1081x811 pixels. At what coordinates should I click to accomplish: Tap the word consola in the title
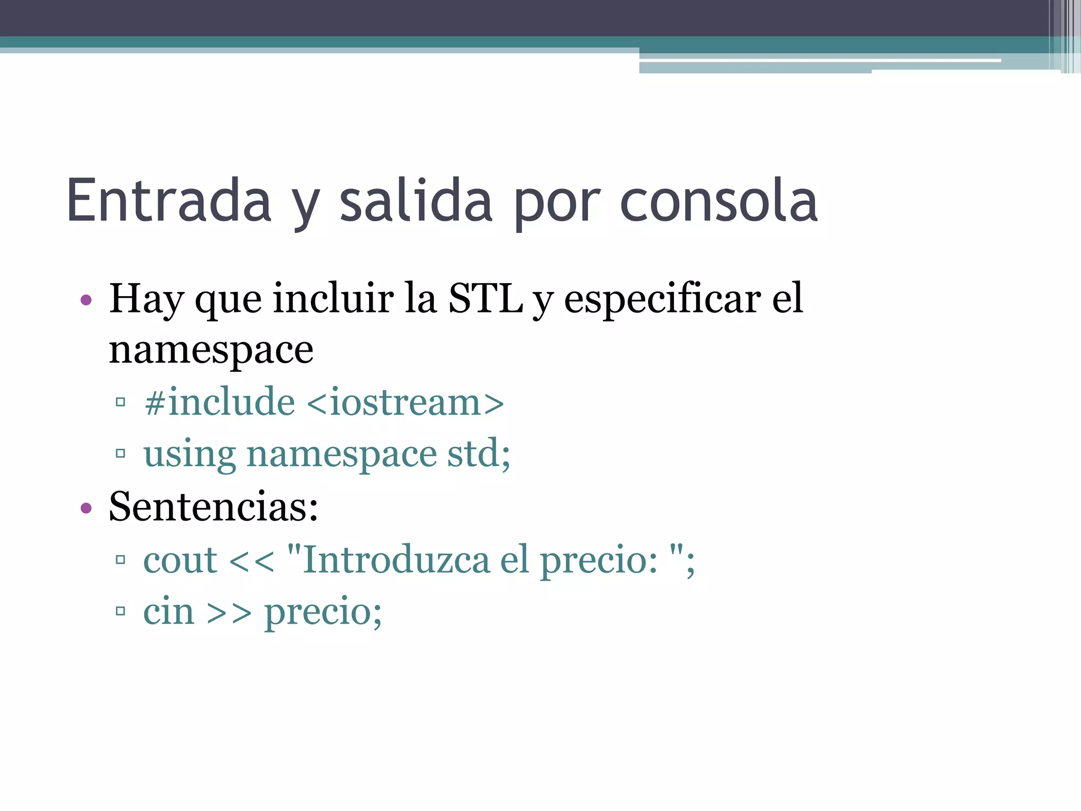[719, 201]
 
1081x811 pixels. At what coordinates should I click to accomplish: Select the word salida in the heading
[416, 201]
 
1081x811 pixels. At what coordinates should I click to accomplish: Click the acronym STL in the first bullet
[485, 298]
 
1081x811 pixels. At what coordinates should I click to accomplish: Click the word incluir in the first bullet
[333, 298]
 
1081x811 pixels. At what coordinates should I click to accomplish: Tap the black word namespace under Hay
[211, 350]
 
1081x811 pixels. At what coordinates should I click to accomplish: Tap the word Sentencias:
[213, 506]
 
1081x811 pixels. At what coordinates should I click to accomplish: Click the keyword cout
[180, 560]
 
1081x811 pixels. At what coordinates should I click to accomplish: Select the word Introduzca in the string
[396, 560]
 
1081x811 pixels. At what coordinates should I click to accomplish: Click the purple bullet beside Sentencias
[86, 508]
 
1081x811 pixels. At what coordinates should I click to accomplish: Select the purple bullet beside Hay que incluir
[86, 300]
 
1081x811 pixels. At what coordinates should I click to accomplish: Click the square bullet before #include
[120, 403]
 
